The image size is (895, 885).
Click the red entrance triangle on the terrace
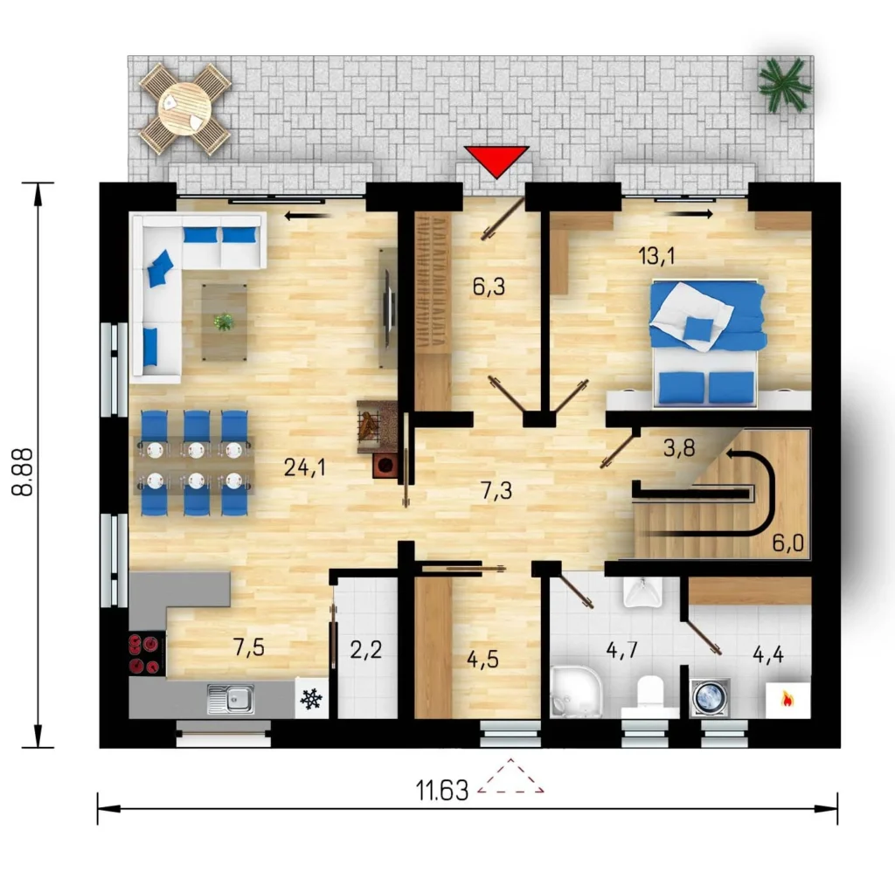pyautogui.click(x=496, y=161)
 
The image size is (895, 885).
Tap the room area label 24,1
pyautogui.click(x=305, y=468)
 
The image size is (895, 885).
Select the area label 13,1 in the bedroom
pyautogui.click(x=657, y=256)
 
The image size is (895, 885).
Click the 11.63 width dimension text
pyautogui.click(x=441, y=791)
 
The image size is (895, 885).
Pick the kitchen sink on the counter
pyautogui.click(x=231, y=699)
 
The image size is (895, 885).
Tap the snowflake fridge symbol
pyautogui.click(x=311, y=699)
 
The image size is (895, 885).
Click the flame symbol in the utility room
pyautogui.click(x=787, y=700)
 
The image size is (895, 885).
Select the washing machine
pyautogui.click(x=710, y=696)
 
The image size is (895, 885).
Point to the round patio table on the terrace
pyautogui.click(x=184, y=108)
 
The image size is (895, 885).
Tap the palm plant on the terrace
pyautogui.click(x=784, y=86)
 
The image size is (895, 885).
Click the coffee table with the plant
pyautogui.click(x=225, y=322)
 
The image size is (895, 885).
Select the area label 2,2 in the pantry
pyautogui.click(x=366, y=650)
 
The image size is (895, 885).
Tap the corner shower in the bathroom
pyautogui.click(x=576, y=692)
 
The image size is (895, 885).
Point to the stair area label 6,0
pyautogui.click(x=788, y=543)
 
